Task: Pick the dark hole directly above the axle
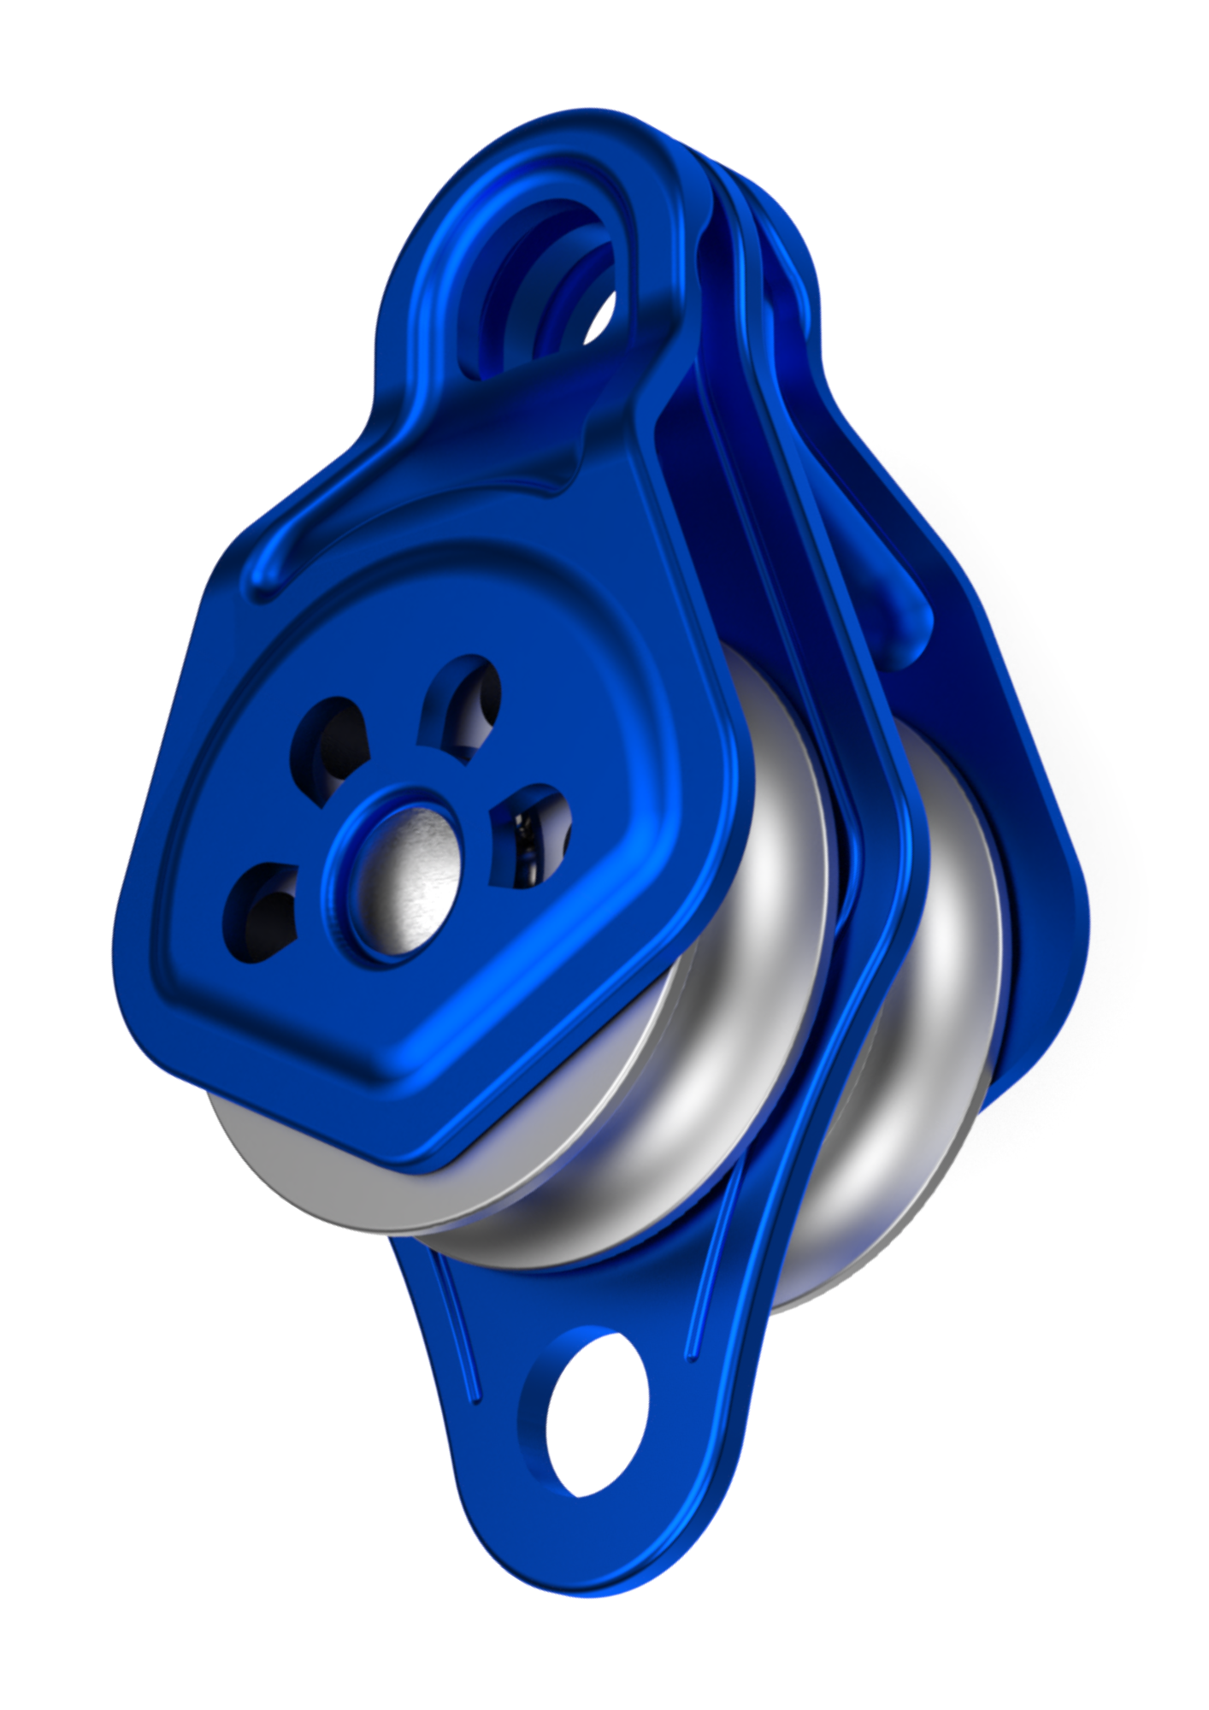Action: coord(463,706)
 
